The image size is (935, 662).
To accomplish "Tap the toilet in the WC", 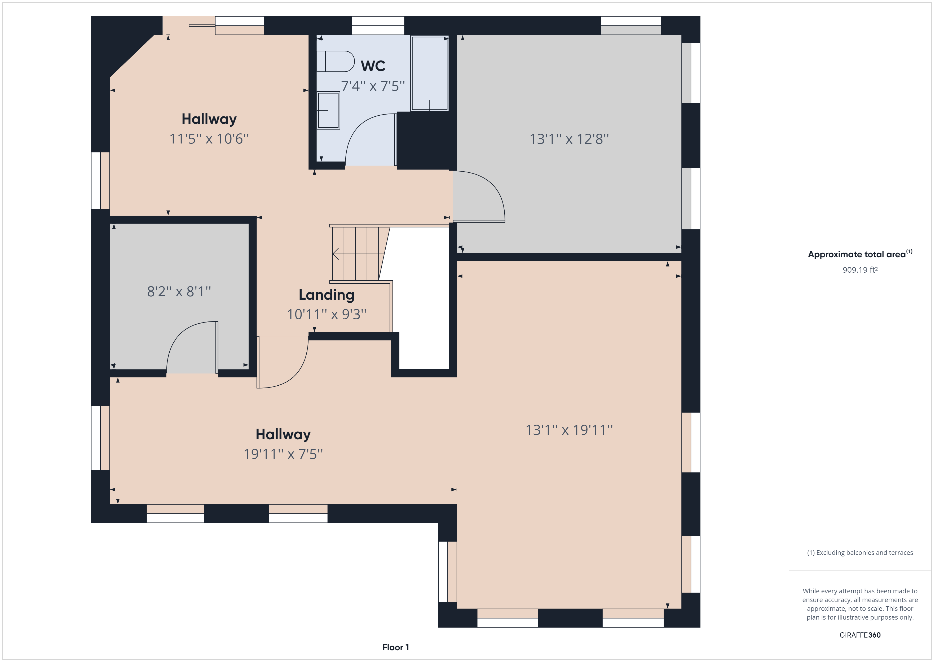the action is pyautogui.click(x=336, y=62).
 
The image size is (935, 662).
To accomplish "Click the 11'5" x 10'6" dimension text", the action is pyautogui.click(x=209, y=139).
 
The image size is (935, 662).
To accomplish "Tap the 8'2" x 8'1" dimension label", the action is pyautogui.click(x=179, y=291).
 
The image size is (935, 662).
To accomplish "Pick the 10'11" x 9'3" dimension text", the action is pyautogui.click(x=327, y=314).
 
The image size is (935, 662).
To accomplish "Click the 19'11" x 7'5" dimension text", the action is pyautogui.click(x=283, y=454).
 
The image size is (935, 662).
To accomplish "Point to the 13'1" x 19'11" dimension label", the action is pyautogui.click(x=569, y=430).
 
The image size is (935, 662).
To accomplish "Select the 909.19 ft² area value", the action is pyautogui.click(x=860, y=270).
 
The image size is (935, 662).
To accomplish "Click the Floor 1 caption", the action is pyautogui.click(x=395, y=647).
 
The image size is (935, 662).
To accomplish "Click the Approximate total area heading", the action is pyautogui.click(x=860, y=254).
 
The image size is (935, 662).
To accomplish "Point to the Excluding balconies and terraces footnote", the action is pyautogui.click(x=860, y=553).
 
